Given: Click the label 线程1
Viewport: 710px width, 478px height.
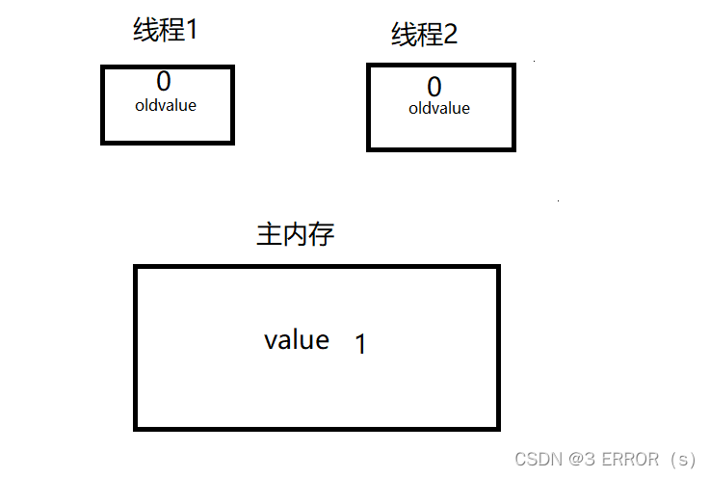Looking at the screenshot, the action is tap(165, 30).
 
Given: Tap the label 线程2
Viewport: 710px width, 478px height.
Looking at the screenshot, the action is tap(425, 36).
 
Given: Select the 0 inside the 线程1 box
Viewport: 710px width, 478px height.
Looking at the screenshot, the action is tap(164, 83).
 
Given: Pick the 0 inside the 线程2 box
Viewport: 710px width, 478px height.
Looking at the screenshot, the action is tap(434, 88).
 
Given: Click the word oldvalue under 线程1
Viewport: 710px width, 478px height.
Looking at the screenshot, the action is tap(166, 105).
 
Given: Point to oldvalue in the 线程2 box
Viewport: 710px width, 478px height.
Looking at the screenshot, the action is tap(439, 109).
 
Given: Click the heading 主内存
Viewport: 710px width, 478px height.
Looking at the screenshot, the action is tap(296, 234).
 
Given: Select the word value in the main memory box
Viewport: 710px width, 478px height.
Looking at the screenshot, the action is tap(297, 340).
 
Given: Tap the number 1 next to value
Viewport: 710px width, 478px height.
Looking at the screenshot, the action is tap(360, 344).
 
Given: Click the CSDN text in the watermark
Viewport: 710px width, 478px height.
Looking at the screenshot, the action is tap(538, 460).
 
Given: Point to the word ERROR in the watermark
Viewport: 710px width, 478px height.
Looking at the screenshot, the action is tap(629, 460).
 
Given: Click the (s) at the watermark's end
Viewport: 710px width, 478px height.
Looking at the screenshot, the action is tap(682, 460).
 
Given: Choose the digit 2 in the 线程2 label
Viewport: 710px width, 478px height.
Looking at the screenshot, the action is tap(449, 36).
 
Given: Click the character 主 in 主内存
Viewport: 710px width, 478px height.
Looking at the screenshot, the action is tap(269, 234).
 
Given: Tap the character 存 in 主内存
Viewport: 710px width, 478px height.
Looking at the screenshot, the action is tap(323, 234).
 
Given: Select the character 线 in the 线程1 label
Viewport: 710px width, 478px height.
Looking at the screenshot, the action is tap(145, 30).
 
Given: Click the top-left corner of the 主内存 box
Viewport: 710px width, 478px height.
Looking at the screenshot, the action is tap(136, 267).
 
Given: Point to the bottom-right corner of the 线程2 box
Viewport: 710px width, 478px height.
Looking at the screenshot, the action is tap(513, 148).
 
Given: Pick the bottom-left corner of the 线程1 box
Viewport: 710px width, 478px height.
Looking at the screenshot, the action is tap(103, 143).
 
